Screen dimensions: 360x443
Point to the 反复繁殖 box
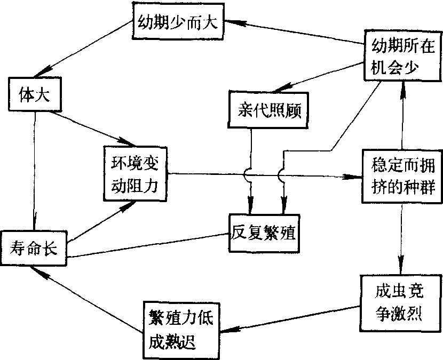tap(264, 233)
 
